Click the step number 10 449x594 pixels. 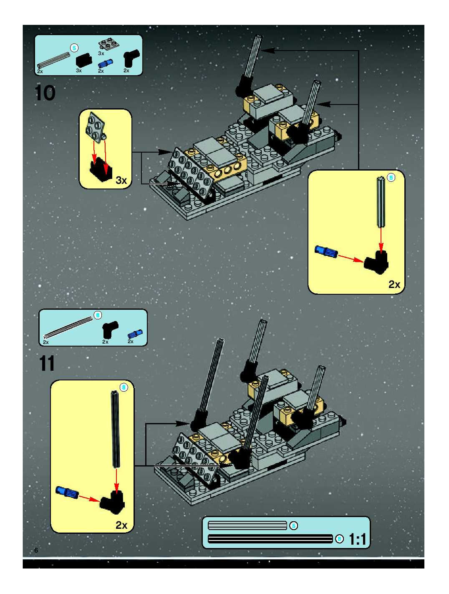(x=45, y=93)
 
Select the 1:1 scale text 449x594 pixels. (x=358, y=539)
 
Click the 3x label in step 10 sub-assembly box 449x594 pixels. (x=121, y=180)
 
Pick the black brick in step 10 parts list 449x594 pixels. (x=84, y=60)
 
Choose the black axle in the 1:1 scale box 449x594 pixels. (x=270, y=539)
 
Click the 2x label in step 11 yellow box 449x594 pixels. (x=121, y=525)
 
